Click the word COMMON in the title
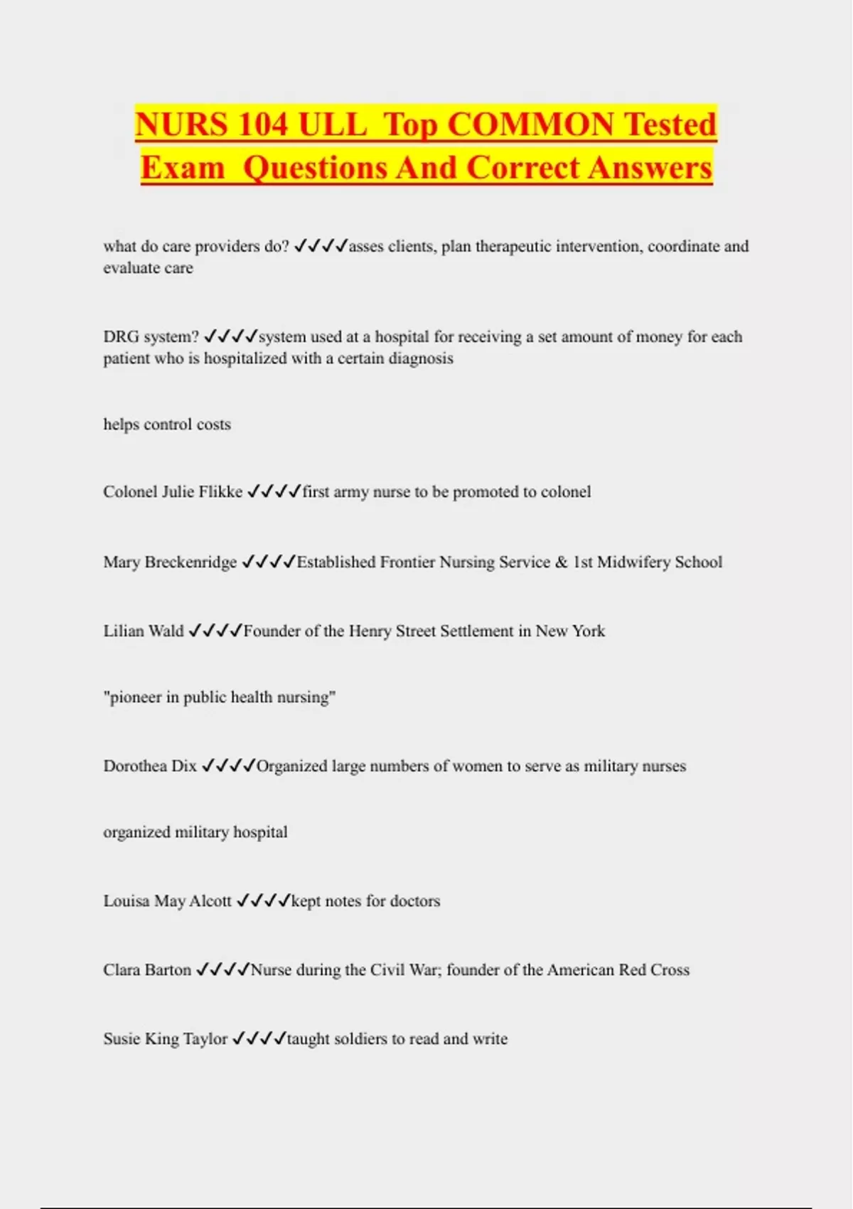[531, 124]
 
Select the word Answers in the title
[650, 168]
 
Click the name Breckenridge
[191, 562]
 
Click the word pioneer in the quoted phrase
[135, 698]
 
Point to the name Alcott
[210, 901]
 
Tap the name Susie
[122, 1039]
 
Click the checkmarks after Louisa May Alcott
[263, 901]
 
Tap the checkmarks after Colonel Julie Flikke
[274, 491]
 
